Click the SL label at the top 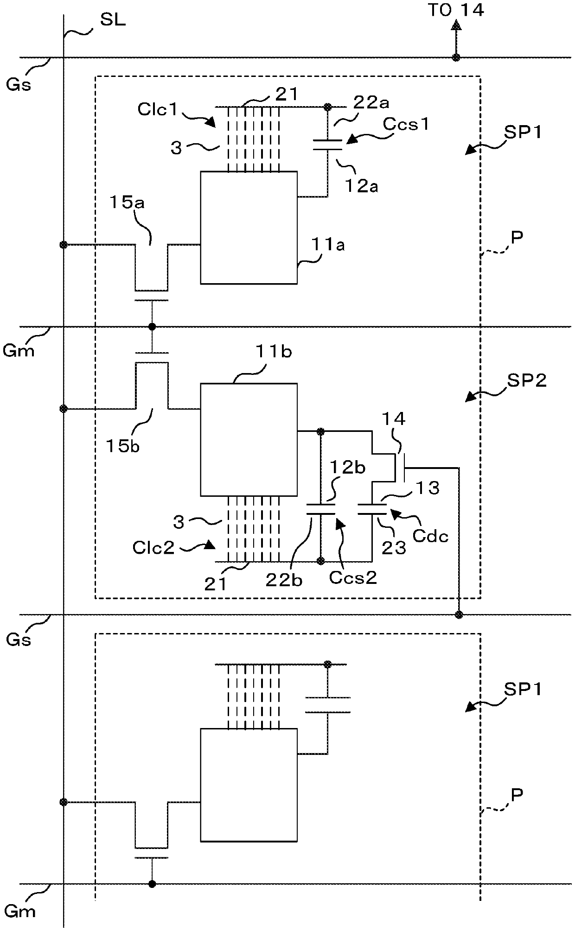point(113,21)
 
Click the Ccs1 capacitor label point(406,125)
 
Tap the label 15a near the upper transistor point(127,203)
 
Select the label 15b point(123,446)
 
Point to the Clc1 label point(158,109)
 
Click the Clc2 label point(153,548)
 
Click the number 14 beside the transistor point(394,419)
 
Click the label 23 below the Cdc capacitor point(394,548)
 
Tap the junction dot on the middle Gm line point(152,327)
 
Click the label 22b point(284,580)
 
